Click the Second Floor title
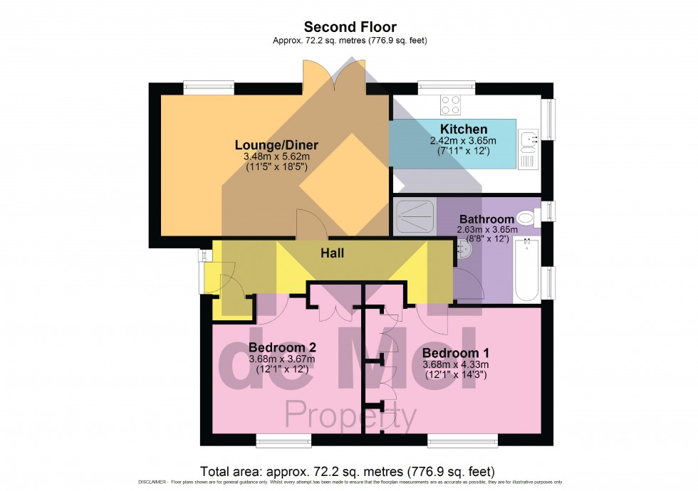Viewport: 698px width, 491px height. point(350,27)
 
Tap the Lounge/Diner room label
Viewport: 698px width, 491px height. point(276,145)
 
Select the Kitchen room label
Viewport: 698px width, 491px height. point(463,129)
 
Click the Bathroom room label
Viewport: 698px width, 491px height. point(486,218)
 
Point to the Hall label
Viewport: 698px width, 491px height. point(333,252)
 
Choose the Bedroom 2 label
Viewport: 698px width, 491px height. point(282,347)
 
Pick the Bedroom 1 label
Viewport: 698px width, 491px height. point(454,353)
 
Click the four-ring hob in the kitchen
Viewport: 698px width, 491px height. point(450,105)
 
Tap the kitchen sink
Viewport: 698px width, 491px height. point(528,141)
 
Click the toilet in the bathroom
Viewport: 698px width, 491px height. point(526,217)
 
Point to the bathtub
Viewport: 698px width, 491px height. point(527,270)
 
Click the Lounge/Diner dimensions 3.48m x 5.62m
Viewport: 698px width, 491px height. point(276,157)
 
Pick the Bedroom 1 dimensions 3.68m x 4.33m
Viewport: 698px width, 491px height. point(454,364)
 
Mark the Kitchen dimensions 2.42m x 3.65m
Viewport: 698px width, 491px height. point(463,140)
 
